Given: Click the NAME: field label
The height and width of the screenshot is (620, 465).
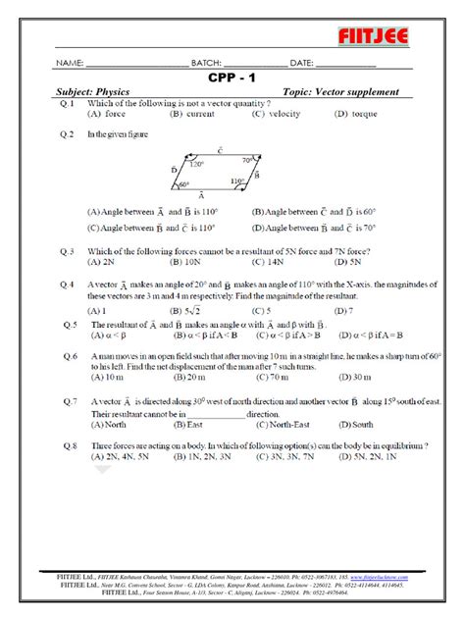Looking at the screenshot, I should pyautogui.click(x=71, y=63).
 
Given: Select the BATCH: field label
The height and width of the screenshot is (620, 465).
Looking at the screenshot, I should pyautogui.click(x=212, y=63).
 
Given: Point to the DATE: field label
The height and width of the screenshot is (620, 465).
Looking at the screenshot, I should pyautogui.click(x=309, y=63).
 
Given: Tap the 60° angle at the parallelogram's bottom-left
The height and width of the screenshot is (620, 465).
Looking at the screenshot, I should pyautogui.click(x=183, y=184).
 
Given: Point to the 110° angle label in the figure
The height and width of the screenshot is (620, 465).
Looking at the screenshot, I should pyautogui.click(x=237, y=181).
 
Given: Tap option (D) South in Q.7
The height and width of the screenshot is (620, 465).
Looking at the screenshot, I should pyautogui.click(x=362, y=425).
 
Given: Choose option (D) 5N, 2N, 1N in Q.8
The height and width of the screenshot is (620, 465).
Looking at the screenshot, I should pyautogui.click(x=366, y=456).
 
